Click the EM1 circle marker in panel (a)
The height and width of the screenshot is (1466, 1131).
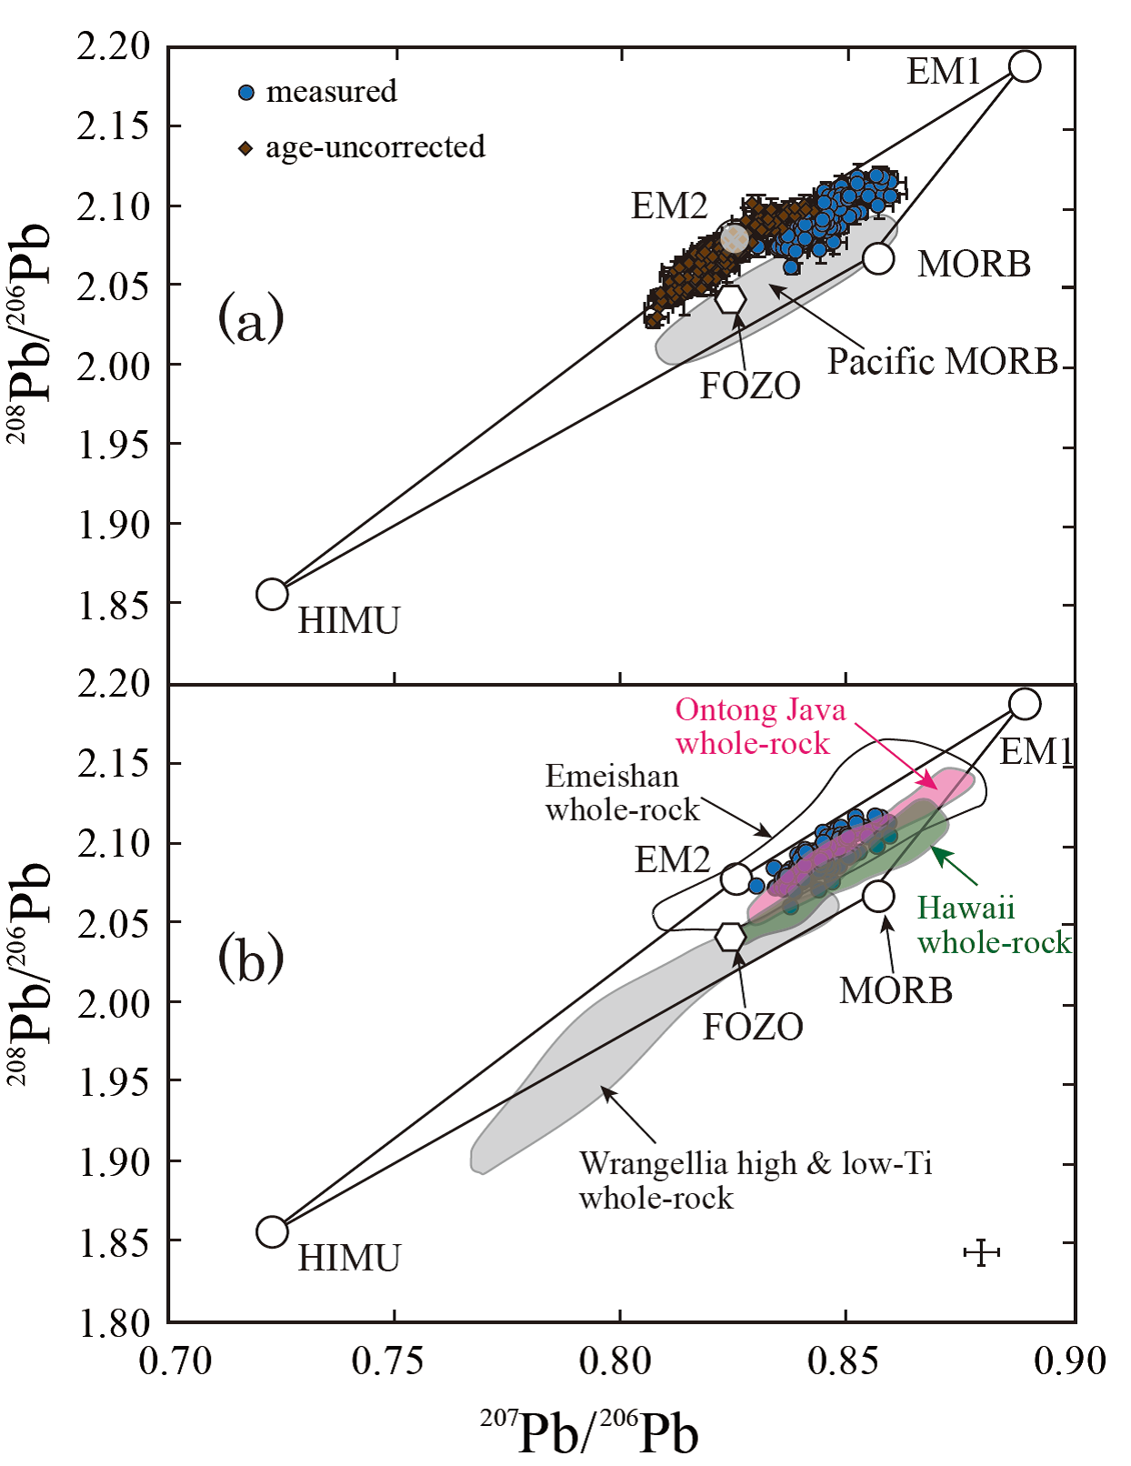click(1025, 66)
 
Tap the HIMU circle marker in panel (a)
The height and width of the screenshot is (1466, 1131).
click(272, 594)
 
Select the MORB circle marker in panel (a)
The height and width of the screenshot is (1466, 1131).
click(877, 258)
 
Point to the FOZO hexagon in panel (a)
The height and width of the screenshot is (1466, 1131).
click(730, 298)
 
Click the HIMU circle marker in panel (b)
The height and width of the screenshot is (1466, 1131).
click(272, 1231)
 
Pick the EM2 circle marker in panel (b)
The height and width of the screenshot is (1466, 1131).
click(736, 879)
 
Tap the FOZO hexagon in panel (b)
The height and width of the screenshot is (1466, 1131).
click(730, 936)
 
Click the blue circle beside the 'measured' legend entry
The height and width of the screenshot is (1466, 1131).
click(245, 93)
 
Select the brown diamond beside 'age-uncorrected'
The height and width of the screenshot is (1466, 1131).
click(245, 148)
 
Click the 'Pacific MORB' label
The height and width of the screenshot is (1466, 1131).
click(942, 362)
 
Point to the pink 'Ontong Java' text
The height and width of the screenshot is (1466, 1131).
click(760, 710)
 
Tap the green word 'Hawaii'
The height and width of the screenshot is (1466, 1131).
click(966, 908)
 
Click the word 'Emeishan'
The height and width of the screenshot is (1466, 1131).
click(612, 777)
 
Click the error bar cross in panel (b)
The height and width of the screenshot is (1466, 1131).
click(981, 1252)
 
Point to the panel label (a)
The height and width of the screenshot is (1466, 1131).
click(251, 320)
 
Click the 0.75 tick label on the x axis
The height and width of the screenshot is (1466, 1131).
click(395, 1361)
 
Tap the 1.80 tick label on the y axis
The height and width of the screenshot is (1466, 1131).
click(114, 1323)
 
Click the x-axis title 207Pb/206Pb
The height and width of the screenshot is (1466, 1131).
click(589, 1432)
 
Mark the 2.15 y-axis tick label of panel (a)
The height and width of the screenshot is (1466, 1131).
click(114, 126)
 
